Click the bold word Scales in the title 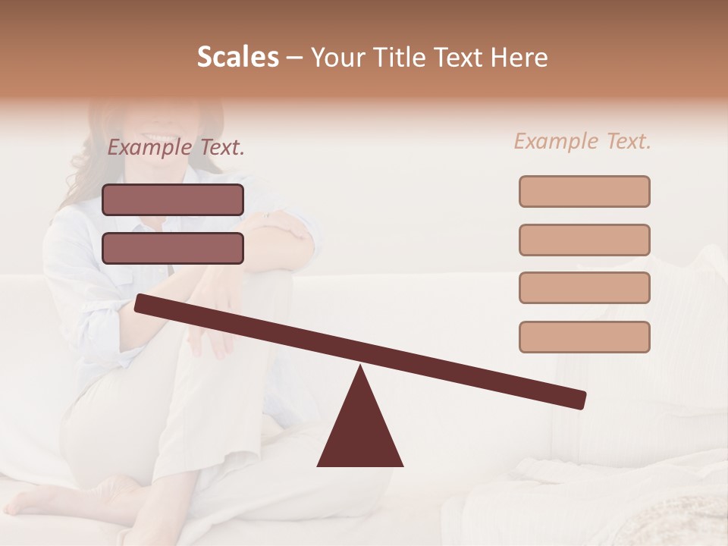[237, 58]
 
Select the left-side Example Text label [176, 148]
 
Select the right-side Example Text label [582, 141]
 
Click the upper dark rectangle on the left [173, 200]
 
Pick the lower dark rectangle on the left [173, 248]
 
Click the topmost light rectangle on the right [584, 192]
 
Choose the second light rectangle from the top [584, 240]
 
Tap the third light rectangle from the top [584, 288]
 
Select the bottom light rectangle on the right [584, 337]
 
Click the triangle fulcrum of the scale [360, 428]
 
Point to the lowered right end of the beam [579, 400]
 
